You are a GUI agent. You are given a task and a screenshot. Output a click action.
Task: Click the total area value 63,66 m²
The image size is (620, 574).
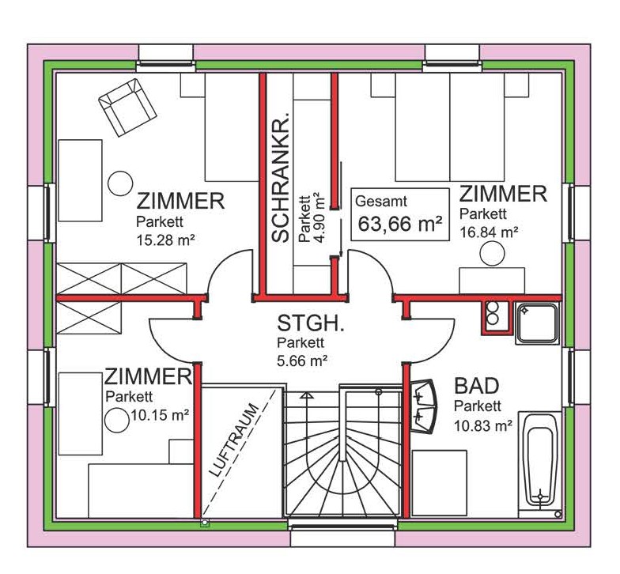tap(400, 224)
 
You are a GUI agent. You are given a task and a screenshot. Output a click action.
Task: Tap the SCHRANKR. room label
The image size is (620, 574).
tap(282, 176)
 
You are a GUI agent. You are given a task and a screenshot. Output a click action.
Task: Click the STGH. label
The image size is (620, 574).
tap(310, 323)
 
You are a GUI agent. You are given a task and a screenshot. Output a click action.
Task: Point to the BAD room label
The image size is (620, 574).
tap(476, 386)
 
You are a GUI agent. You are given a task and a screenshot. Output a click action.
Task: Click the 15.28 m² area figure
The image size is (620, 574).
tap(165, 240)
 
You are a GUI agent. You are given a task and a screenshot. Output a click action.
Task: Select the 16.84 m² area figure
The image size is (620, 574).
tap(489, 232)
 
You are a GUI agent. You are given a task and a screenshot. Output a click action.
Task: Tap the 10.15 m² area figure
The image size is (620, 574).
tap(160, 415)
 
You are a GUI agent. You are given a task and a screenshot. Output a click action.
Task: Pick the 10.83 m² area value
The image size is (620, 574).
tap(483, 425)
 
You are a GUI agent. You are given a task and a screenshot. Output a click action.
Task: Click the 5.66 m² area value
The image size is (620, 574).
tap(302, 361)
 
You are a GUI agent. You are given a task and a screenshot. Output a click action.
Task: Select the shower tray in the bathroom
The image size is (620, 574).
tap(538, 323)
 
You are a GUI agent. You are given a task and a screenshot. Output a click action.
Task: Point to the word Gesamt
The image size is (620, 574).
tap(381, 201)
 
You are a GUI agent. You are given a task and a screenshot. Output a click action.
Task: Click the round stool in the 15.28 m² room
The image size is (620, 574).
tap(120, 183)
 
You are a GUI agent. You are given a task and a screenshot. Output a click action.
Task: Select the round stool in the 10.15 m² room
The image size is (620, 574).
tap(117, 421)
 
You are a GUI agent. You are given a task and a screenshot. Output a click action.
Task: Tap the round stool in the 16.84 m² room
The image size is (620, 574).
tap(492, 253)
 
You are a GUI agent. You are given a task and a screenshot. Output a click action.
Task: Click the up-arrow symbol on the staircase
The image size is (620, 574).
tap(307, 395)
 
